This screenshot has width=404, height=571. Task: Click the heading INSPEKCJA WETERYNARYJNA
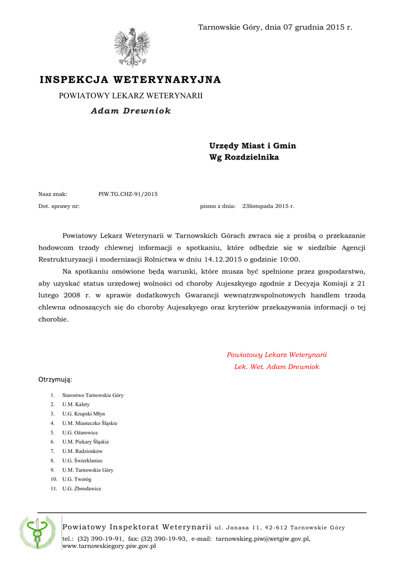(130, 80)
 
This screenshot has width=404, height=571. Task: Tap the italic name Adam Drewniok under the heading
(131, 110)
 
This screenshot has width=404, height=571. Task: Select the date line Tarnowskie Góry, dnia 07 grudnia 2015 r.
(275, 27)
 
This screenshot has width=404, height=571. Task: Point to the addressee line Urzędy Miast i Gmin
(252, 146)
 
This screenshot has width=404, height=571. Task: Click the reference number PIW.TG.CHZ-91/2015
(128, 194)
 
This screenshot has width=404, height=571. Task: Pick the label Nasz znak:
(52, 194)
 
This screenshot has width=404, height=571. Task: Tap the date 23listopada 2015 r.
(268, 206)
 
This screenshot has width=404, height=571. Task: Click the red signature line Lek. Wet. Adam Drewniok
(276, 367)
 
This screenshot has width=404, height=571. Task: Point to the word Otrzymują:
(55, 380)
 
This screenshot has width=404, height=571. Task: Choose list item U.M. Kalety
(76, 404)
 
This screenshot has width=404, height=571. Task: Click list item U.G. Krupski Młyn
(84, 414)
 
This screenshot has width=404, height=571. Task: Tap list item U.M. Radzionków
(83, 451)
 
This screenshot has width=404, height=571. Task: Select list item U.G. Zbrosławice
(81, 488)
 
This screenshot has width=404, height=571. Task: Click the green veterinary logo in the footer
(37, 533)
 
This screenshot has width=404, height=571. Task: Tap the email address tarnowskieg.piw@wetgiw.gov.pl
(262, 539)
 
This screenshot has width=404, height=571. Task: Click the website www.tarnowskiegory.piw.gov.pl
(109, 546)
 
